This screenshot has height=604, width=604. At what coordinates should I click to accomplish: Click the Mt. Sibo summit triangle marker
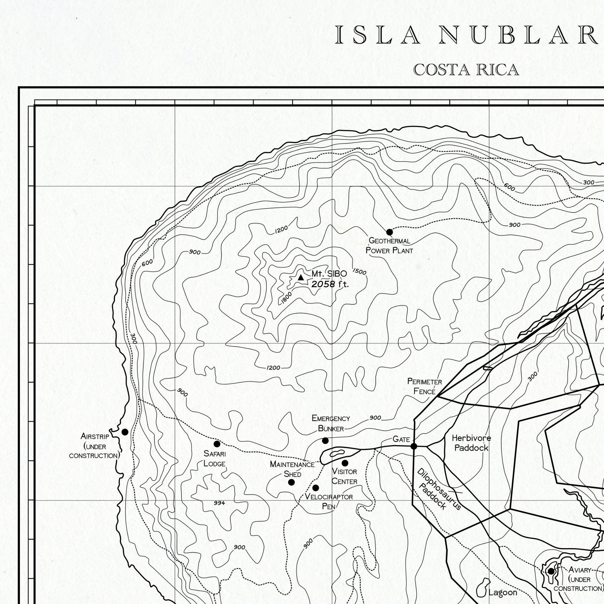pyautogui.click(x=301, y=278)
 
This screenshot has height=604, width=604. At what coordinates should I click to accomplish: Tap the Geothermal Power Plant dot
pyautogui.click(x=390, y=232)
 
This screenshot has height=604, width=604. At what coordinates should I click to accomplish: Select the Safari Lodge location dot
pyautogui.click(x=217, y=444)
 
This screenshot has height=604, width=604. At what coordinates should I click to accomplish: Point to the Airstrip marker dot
pyautogui.click(x=125, y=432)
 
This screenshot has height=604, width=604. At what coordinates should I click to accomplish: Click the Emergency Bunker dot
pyautogui.click(x=325, y=441)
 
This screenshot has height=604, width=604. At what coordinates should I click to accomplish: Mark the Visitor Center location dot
pyautogui.click(x=345, y=463)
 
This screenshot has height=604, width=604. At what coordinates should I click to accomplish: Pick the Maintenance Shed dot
pyautogui.click(x=291, y=482)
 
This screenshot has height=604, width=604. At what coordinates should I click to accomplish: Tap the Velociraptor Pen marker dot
pyautogui.click(x=316, y=488)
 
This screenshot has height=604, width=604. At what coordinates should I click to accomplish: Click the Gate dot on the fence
pyautogui.click(x=414, y=446)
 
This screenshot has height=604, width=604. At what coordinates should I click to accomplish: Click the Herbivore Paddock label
pyautogui.click(x=471, y=443)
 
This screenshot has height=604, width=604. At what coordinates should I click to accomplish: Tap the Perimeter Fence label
pyautogui.click(x=425, y=387)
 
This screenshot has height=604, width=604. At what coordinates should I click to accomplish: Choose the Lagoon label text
pyautogui.click(x=503, y=593)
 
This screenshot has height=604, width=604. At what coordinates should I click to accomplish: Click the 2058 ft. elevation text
pyautogui.click(x=330, y=284)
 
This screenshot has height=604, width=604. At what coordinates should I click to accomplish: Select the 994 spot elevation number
pyautogui.click(x=219, y=503)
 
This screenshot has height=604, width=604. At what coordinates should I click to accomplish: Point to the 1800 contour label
pyautogui.click(x=286, y=298)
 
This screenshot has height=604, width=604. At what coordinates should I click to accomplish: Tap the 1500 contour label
pyautogui.click(x=359, y=271)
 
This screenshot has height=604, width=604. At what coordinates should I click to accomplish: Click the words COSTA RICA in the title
pyautogui.click(x=466, y=70)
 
